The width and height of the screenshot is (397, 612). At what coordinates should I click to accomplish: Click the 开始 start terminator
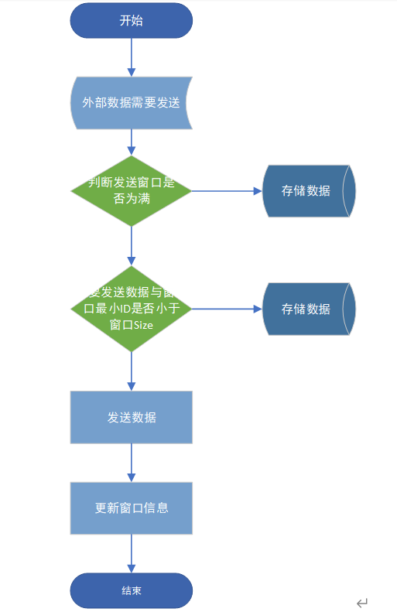[x=131, y=21]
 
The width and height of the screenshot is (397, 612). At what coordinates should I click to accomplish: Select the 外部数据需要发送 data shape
[x=131, y=102]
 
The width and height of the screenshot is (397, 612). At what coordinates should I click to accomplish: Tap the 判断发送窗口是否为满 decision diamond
[x=131, y=190]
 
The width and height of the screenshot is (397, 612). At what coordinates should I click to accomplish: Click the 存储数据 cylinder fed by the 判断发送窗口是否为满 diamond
[x=308, y=191]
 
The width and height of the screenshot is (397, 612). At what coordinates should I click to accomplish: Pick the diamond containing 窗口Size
[x=131, y=309]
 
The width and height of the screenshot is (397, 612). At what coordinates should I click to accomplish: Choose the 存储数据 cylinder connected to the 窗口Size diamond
[x=308, y=309]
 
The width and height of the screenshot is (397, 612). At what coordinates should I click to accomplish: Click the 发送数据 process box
[x=131, y=417]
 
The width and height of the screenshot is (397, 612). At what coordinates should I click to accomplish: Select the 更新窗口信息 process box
[x=131, y=508]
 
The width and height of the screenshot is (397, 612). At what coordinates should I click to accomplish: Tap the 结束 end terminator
[x=131, y=590]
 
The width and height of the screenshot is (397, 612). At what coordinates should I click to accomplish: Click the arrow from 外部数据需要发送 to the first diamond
[x=131, y=142]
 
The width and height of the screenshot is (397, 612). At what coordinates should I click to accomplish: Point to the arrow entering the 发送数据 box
[x=131, y=371]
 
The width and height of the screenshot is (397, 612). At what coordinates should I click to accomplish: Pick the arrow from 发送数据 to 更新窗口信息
[x=131, y=463]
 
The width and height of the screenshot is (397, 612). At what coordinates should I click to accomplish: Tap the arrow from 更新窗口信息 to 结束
[x=131, y=553]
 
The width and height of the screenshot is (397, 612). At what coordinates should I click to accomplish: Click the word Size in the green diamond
[x=143, y=325]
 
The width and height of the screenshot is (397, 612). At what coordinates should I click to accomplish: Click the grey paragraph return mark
[x=362, y=603]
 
